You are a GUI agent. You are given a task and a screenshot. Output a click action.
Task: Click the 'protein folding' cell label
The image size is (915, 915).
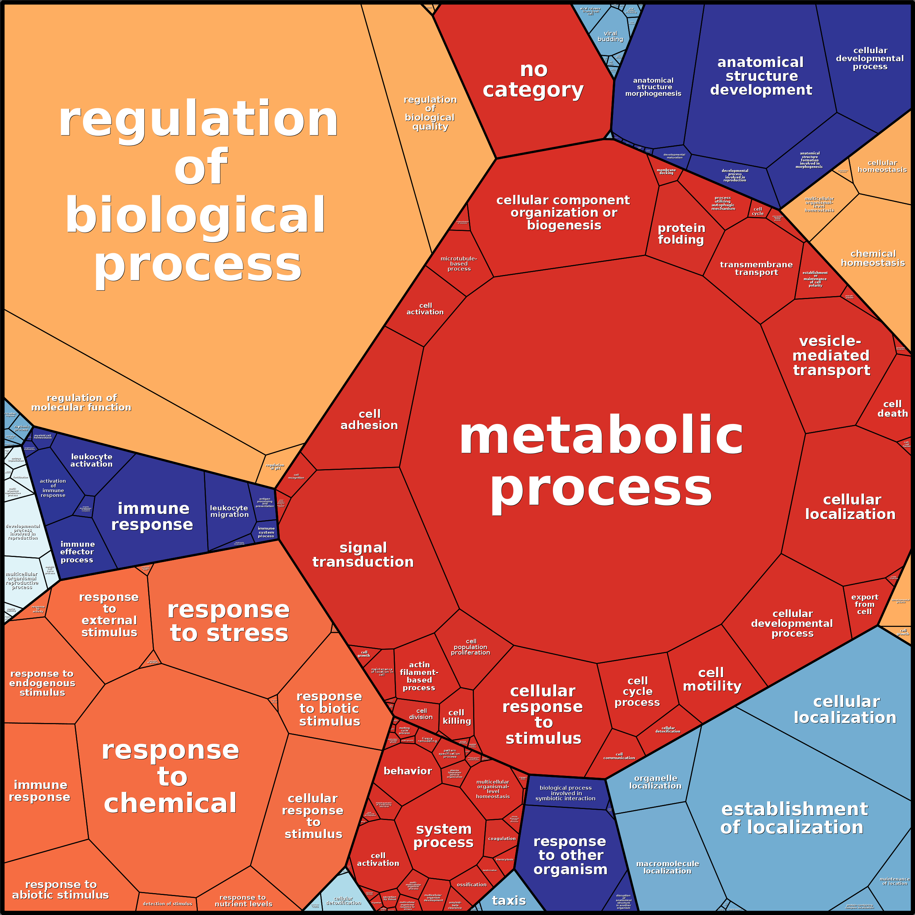click(x=681, y=234)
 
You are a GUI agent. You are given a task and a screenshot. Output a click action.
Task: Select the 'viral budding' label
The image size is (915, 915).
click(x=610, y=36)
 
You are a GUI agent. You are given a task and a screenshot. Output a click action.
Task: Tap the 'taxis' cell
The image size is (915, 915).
click(x=508, y=900)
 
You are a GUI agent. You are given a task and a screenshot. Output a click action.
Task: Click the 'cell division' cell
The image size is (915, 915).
click(x=421, y=714)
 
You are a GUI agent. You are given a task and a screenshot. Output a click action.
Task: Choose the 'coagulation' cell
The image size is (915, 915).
click(x=502, y=838)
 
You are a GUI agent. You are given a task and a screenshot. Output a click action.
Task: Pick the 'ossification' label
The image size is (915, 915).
click(x=471, y=884)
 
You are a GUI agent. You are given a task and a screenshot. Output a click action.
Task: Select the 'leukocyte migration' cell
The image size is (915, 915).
click(x=229, y=511)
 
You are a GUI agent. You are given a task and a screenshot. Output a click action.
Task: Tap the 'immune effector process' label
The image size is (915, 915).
click(x=77, y=552)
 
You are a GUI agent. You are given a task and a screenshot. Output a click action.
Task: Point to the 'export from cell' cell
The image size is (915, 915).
click(x=864, y=604)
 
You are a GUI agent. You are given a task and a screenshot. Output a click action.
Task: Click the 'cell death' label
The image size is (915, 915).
click(x=892, y=409)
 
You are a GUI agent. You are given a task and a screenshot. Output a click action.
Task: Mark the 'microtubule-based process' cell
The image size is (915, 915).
click(x=459, y=264)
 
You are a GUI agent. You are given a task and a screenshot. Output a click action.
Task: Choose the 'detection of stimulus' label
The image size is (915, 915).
click(x=167, y=904)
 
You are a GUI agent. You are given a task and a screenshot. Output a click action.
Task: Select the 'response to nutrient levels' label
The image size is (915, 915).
click(x=243, y=900)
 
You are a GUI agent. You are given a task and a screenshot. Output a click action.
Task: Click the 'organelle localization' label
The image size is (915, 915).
click(x=655, y=782)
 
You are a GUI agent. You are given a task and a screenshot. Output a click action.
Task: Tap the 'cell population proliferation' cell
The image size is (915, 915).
click(x=470, y=647)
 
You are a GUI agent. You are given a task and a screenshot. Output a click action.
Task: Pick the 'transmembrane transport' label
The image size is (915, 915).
click(x=756, y=268)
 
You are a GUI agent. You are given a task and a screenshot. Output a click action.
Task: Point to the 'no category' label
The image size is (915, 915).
click(x=533, y=79)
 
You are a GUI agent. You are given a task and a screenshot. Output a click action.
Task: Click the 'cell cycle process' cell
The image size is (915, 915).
click(x=637, y=691)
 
